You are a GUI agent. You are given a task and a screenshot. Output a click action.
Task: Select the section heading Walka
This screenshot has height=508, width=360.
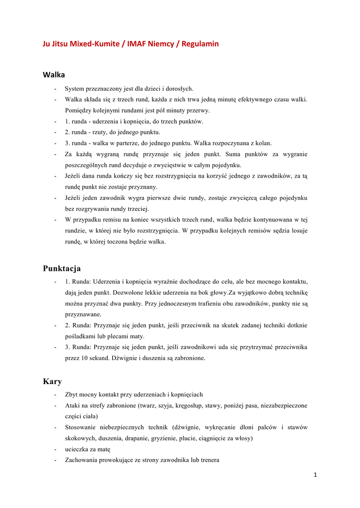coord(54,75)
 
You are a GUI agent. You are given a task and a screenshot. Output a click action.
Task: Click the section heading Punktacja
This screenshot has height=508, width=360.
coord(62,268)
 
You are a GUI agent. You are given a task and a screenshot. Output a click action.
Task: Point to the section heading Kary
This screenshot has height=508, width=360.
coord(52,381)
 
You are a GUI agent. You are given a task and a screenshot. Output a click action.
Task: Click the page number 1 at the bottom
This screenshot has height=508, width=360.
coord(315,474)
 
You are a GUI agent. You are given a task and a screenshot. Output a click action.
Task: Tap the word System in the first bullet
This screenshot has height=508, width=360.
coord(75,89)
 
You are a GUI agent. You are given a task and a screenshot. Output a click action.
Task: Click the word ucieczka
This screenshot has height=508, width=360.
coord(77,449)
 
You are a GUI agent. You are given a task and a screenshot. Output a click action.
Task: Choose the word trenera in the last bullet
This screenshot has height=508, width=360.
coord(209,460)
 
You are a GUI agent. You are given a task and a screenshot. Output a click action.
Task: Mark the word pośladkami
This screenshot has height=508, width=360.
coord(81,336)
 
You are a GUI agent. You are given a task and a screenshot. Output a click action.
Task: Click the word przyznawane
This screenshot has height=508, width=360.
coord(83,314)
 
